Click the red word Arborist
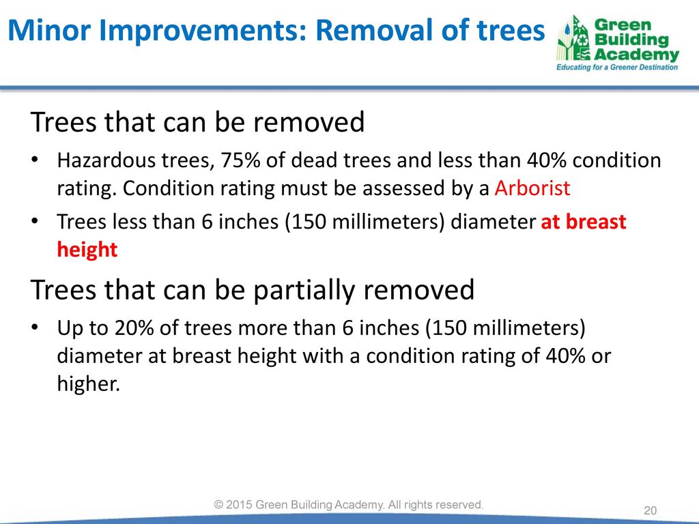[x=532, y=188]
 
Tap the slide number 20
[x=651, y=510]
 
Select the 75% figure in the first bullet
[x=240, y=160]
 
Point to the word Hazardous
[x=106, y=160]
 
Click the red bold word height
[x=87, y=249]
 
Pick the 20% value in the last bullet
[x=134, y=328]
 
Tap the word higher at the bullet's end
[x=89, y=383]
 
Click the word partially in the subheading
[x=304, y=291]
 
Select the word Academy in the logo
[x=637, y=55]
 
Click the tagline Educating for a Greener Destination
[x=617, y=68]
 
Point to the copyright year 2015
[x=240, y=504]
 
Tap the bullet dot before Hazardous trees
[x=35, y=160]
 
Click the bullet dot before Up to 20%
[x=35, y=327]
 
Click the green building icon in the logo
[x=573, y=39]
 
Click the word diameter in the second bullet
[x=493, y=222]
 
